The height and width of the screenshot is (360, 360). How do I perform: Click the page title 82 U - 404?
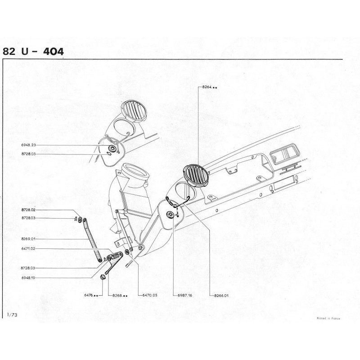coord(33,52)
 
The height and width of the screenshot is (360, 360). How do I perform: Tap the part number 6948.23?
coord(28,145)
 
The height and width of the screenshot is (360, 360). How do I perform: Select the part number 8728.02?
coord(28,210)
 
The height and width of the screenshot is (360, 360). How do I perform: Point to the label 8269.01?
coord(28,239)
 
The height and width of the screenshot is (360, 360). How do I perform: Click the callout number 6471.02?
coord(28,248)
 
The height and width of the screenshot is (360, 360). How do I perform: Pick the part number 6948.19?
coord(28,278)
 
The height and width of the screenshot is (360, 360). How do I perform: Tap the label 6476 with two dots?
coord(91,295)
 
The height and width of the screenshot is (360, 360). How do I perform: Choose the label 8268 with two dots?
coord(120,296)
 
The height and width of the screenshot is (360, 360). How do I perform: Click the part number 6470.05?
coord(150,295)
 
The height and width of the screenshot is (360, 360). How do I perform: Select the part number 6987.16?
coord(185,296)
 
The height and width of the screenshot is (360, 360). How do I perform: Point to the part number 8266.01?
coord(221,296)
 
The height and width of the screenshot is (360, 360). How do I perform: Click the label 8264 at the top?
coord(210,87)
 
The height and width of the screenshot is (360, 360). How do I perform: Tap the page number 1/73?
coord(12,315)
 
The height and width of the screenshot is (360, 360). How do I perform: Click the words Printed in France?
coord(328,319)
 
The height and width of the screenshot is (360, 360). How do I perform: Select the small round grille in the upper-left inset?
coord(134,111)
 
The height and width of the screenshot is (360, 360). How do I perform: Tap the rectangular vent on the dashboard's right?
coord(285,153)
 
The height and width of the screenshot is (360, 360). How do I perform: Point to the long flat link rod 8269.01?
coord(92,240)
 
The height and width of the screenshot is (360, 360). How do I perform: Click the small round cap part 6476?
coord(103,277)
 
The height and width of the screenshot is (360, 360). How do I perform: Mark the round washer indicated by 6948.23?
coord(112,148)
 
